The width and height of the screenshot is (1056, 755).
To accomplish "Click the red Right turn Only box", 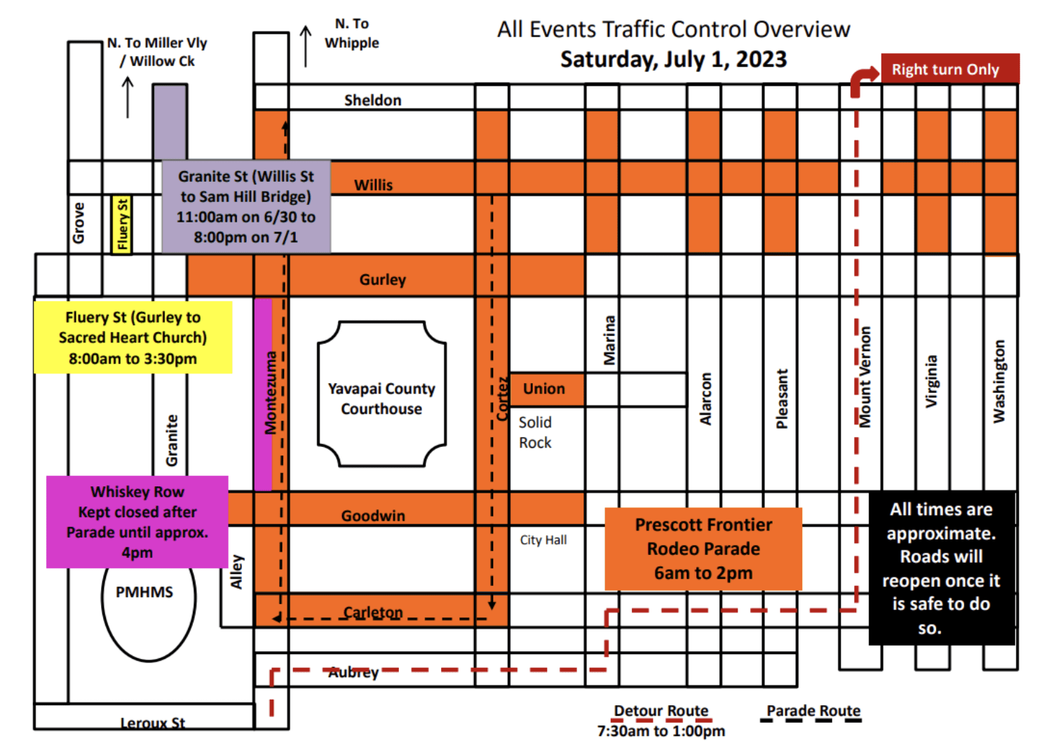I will pyautogui.click(x=949, y=69).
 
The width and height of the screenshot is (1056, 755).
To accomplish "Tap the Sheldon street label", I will pyautogui.click(x=372, y=100).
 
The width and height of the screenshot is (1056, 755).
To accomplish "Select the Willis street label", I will pyautogui.click(x=373, y=185).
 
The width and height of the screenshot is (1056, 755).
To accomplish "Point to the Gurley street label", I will pyautogui.click(x=382, y=279).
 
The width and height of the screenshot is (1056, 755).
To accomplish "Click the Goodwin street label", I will pyautogui.click(x=373, y=516).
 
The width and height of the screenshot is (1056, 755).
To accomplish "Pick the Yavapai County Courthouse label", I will pyautogui.click(x=381, y=399).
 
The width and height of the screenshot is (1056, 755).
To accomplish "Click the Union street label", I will pyautogui.click(x=544, y=389).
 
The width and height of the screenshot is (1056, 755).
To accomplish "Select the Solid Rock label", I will pyautogui.click(x=535, y=432).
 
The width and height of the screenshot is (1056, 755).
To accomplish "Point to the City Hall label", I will pyautogui.click(x=543, y=540).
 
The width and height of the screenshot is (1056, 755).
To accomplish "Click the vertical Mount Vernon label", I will pyautogui.click(x=865, y=377).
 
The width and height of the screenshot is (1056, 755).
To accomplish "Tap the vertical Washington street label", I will pyautogui.click(x=999, y=381).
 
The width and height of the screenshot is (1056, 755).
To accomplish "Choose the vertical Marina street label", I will pyautogui.click(x=609, y=340).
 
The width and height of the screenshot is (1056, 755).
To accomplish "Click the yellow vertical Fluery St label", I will pyautogui.click(x=122, y=225).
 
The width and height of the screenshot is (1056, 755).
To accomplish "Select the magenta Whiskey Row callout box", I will pyautogui.click(x=137, y=522).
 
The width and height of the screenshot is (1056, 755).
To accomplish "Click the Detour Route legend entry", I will pyautogui.click(x=661, y=711).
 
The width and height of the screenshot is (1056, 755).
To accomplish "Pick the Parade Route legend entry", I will pyautogui.click(x=813, y=711).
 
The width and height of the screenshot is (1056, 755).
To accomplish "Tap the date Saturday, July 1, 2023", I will pyautogui.click(x=673, y=60).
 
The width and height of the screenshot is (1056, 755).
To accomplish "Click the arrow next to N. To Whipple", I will pyautogui.click(x=306, y=46).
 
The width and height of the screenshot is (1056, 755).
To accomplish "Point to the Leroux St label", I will pyautogui.click(x=152, y=723).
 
